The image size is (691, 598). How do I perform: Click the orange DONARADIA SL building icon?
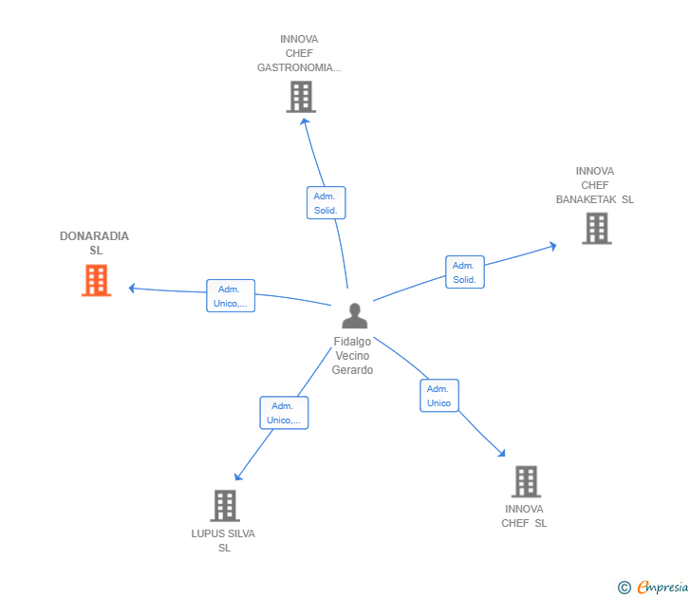pyautogui.click(x=96, y=281)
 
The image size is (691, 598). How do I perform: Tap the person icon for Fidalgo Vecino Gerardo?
pyautogui.click(x=354, y=315)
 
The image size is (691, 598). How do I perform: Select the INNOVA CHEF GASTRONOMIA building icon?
pyautogui.click(x=300, y=97)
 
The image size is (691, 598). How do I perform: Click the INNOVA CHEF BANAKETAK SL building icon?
pyautogui.click(x=596, y=229)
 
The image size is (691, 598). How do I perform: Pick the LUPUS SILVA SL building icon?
pyautogui.click(x=224, y=506)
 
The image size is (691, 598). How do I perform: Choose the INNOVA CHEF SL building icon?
pyautogui.click(x=526, y=481)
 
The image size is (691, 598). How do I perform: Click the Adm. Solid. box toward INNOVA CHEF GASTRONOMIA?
pyautogui.click(x=326, y=202)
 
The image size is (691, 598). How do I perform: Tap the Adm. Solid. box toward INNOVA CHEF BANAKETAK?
pyautogui.click(x=464, y=272)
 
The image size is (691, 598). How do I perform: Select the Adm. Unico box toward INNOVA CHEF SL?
pyautogui.click(x=439, y=396)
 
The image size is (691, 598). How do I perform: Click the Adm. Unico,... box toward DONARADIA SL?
pyautogui.click(x=231, y=296)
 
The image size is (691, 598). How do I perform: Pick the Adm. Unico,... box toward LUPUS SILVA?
pyautogui.click(x=284, y=413)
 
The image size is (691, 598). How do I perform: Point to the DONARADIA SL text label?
pyautogui.click(x=95, y=243)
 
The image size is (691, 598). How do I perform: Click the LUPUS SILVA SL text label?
pyautogui.click(x=223, y=540)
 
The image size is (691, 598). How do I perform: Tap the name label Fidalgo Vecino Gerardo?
pyautogui.click(x=352, y=356)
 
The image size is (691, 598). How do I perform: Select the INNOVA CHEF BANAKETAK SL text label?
pyautogui.click(x=594, y=186)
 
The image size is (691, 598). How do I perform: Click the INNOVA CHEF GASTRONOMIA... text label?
pyautogui.click(x=299, y=54)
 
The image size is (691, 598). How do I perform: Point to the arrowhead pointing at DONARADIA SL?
pyautogui.click(x=132, y=288)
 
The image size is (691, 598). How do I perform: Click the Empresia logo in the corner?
pyautogui.click(x=661, y=588)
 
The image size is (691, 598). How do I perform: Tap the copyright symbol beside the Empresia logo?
pyautogui.click(x=625, y=588)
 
